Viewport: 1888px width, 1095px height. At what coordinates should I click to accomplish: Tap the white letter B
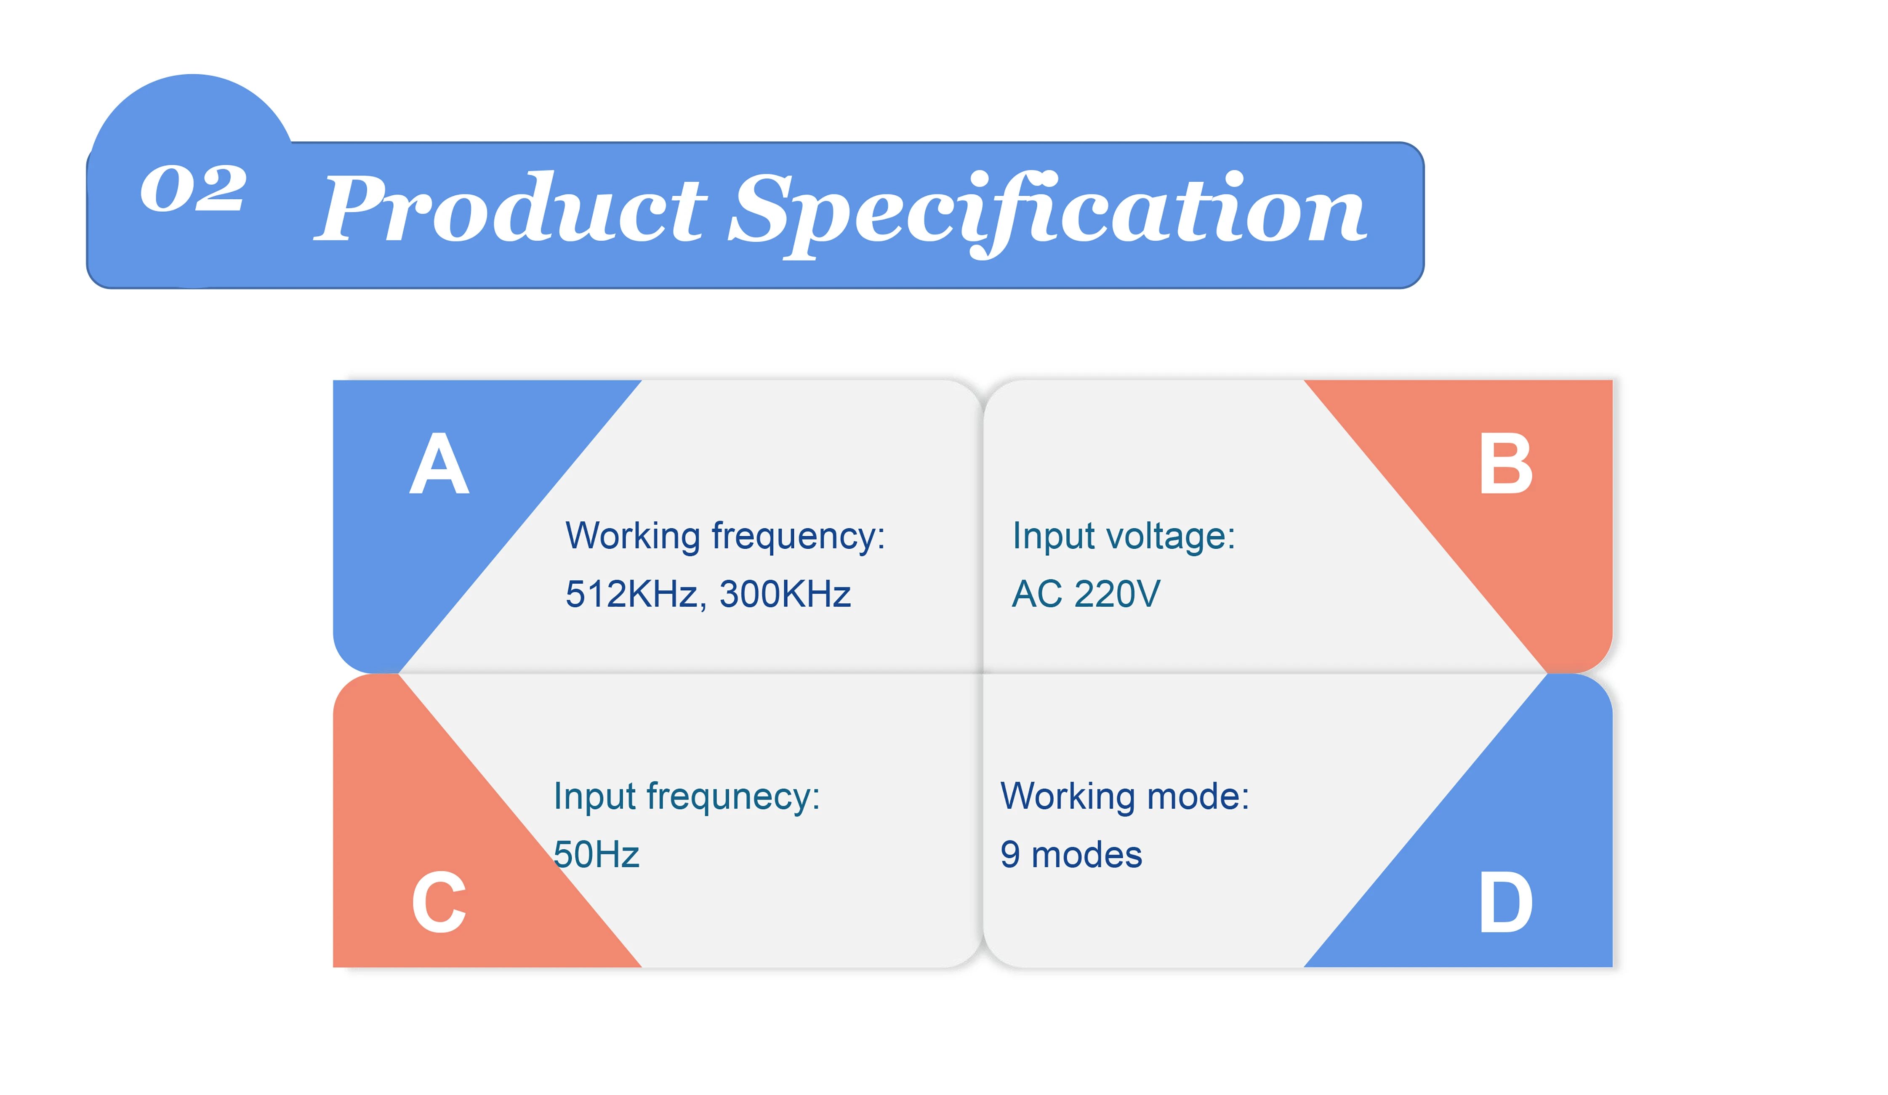point(1506,464)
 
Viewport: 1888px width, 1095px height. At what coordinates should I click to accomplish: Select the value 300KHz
point(785,594)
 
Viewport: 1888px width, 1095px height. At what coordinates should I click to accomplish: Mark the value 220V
point(1117,594)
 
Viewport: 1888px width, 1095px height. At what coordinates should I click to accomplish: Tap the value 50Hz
point(596,855)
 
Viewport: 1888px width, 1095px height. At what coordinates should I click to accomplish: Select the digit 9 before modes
point(1010,855)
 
